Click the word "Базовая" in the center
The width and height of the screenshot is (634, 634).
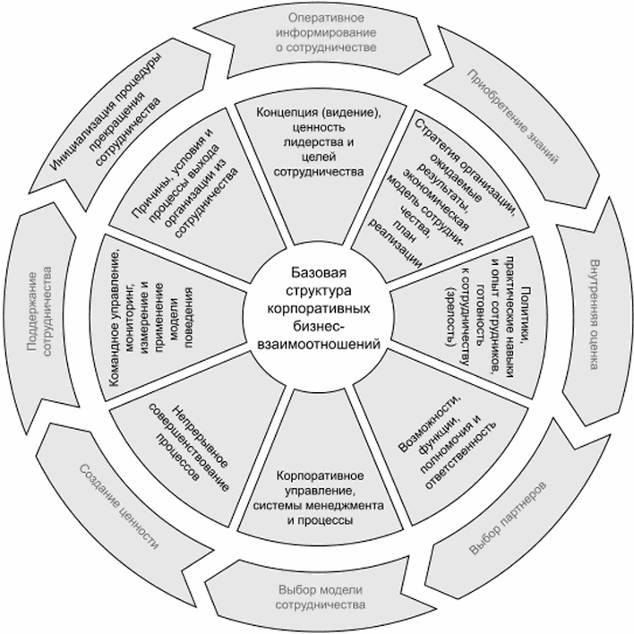(317, 270)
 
